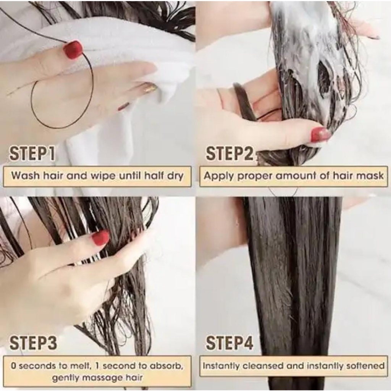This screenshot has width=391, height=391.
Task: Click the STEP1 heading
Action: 32,153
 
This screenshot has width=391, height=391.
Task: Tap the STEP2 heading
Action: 229,153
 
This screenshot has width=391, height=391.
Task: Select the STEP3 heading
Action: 33,343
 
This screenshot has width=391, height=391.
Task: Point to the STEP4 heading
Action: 229,343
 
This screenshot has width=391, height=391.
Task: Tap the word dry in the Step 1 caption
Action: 175,176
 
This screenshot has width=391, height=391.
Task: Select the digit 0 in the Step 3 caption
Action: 14,366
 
